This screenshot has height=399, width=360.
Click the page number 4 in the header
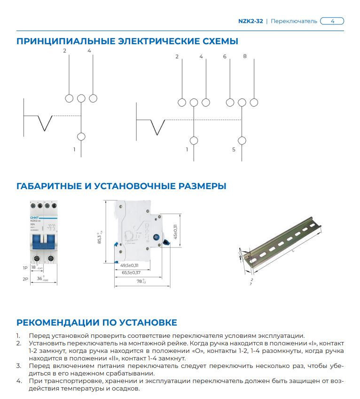[x=332, y=21]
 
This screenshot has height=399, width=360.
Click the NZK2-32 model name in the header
[x=251, y=21]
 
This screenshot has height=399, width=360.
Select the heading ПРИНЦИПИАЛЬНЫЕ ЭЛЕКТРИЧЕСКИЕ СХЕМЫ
[x=127, y=41]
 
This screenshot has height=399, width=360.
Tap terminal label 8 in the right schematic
[x=244, y=56]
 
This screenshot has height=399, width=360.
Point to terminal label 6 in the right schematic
[x=225, y=56]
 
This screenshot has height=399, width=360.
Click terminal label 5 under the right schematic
[x=234, y=150]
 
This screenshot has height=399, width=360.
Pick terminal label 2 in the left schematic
[x=65, y=51]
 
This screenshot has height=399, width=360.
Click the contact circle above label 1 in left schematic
[x=81, y=136]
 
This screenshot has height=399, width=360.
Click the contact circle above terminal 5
[x=242, y=140]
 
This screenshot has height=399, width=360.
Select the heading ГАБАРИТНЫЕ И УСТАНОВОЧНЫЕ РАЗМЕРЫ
[x=121, y=186]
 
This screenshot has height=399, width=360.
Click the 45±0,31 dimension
[x=175, y=232]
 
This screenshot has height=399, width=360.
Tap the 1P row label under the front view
[x=25, y=268]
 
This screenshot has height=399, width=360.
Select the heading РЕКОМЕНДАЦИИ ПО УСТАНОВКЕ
[x=97, y=322]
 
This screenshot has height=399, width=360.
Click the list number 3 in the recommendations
[x=18, y=365]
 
